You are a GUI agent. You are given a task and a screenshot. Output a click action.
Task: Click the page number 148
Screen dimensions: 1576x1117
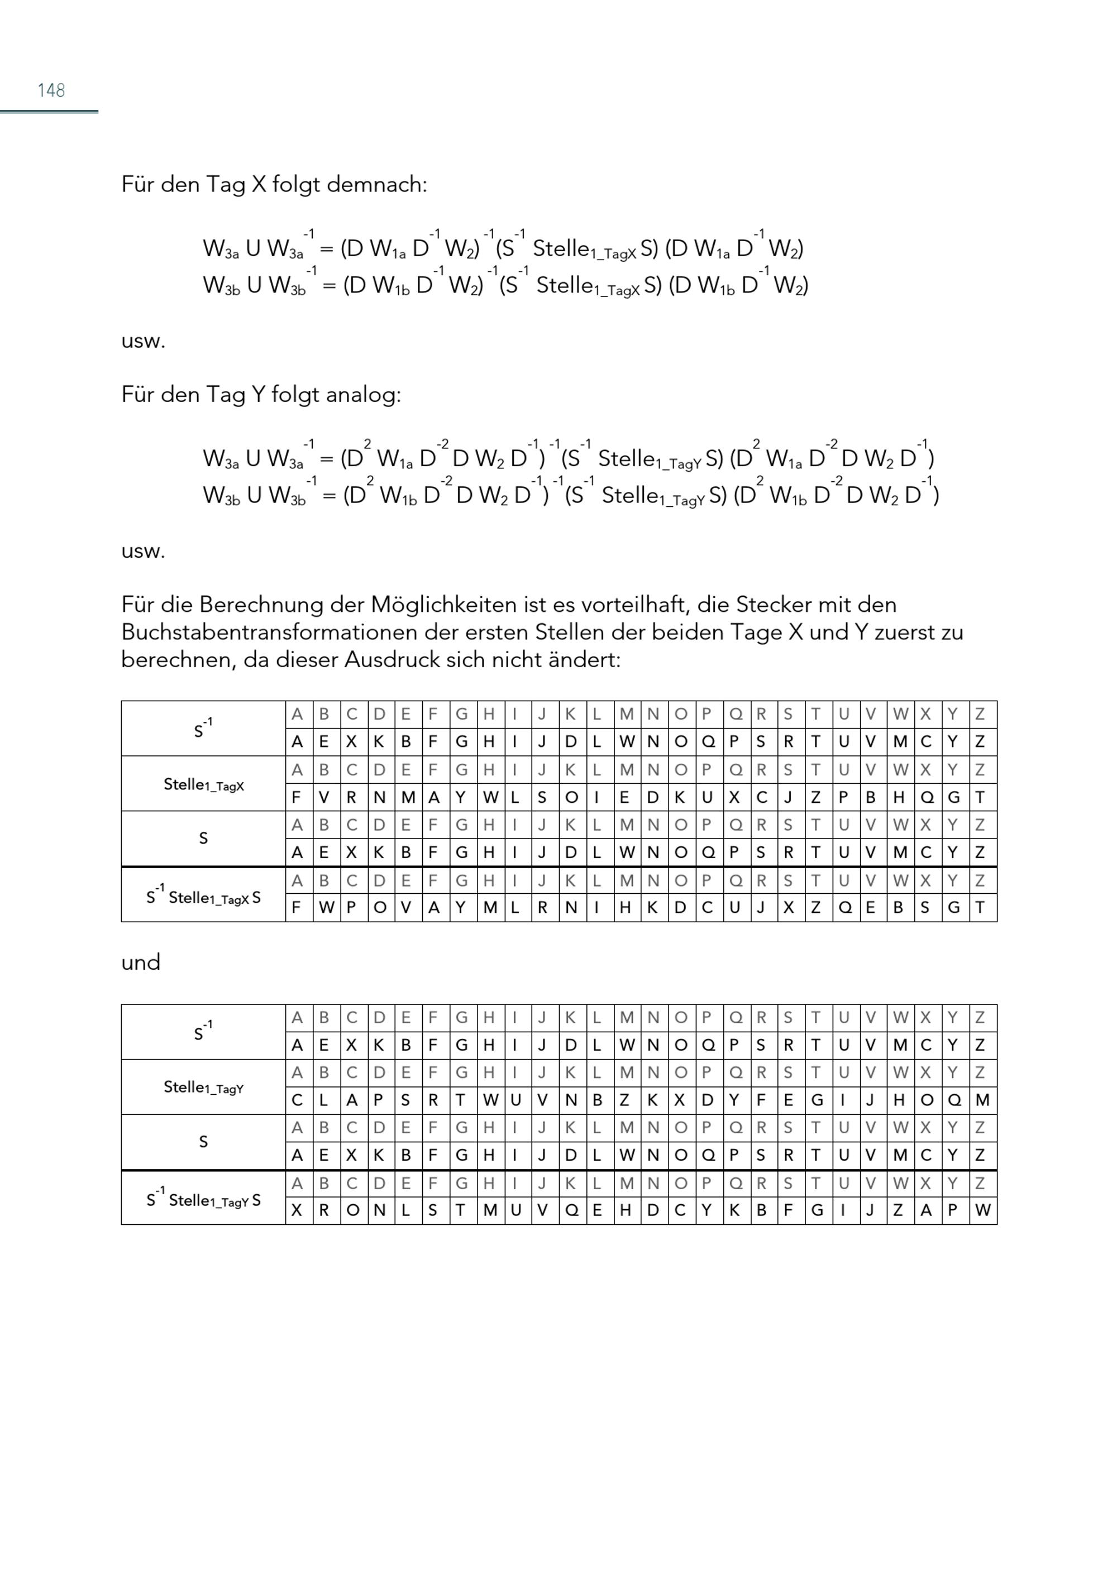51,90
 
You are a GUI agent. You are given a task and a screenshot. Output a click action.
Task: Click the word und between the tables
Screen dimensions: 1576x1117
140,962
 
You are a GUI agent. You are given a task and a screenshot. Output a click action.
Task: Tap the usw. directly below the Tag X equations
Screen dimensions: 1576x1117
143,341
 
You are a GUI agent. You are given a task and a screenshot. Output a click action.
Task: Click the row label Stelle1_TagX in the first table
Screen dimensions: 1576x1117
204,784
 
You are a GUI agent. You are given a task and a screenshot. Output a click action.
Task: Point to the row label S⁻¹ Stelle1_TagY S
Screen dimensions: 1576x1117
204,1200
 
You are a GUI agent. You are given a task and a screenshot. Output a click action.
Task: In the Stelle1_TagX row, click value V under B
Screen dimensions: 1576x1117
324,798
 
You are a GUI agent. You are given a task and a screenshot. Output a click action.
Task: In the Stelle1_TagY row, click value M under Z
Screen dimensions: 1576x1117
982,1100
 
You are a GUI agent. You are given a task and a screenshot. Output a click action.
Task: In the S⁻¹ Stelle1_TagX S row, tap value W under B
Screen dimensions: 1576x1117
326,908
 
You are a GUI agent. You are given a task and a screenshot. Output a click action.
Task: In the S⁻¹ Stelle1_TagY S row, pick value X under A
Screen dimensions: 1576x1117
297,1210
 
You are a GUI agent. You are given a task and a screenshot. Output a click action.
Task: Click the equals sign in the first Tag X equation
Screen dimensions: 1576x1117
327,249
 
